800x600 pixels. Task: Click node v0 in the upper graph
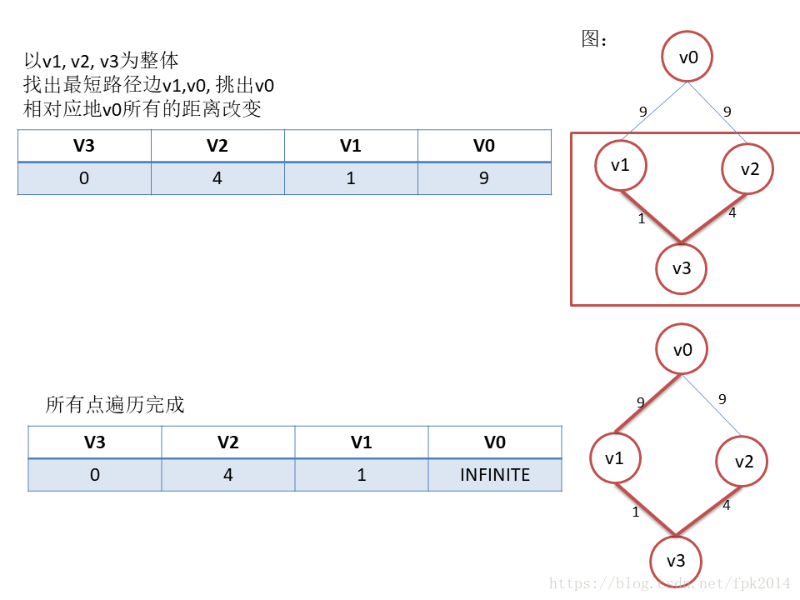click(x=687, y=57)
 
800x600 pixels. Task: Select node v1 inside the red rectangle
click(x=621, y=165)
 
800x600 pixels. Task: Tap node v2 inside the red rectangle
click(x=747, y=169)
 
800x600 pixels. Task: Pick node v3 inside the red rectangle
click(x=682, y=268)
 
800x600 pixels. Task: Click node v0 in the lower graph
click(x=682, y=350)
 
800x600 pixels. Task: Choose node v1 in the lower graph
click(x=615, y=458)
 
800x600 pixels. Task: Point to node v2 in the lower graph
click(x=742, y=461)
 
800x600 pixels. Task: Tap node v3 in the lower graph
click(x=676, y=560)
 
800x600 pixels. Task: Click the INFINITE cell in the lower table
click(x=495, y=475)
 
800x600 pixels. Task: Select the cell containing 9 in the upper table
click(x=484, y=178)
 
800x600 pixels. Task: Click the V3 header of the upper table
click(x=84, y=146)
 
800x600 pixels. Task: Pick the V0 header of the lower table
click(x=495, y=442)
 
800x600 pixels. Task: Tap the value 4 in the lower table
click(x=228, y=475)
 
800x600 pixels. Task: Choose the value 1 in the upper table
click(x=351, y=178)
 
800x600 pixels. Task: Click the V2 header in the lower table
click(x=228, y=442)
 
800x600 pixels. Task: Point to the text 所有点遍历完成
click(x=115, y=406)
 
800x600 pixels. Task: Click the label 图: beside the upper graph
click(x=595, y=40)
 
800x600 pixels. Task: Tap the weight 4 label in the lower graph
click(x=726, y=504)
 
